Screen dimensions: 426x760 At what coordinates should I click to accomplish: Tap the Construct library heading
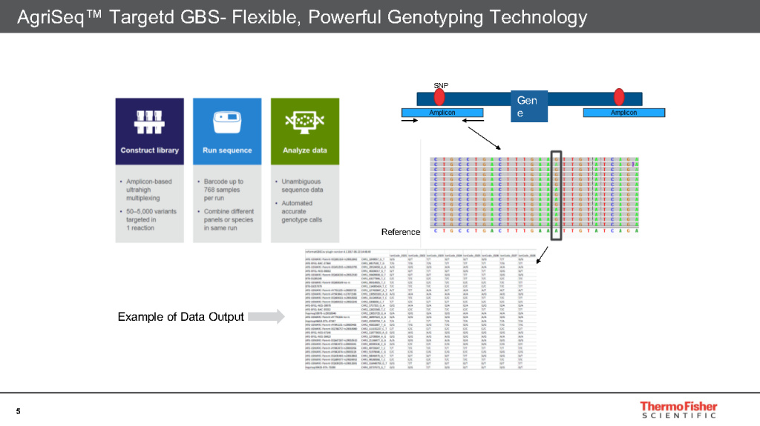149,150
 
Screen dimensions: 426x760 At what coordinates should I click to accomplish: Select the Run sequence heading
227,150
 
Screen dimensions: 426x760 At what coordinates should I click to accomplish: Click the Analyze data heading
305,150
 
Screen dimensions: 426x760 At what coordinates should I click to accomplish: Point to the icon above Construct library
149,119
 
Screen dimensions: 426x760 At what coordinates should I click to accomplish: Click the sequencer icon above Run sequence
227,119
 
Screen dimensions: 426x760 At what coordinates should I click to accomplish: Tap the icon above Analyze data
305,119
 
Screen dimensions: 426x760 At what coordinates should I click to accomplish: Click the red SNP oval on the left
439,97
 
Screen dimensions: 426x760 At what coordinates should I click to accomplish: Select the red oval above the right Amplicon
618,97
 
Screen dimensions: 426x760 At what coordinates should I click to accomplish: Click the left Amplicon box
442,113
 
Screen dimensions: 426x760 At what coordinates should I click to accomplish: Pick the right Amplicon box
623,113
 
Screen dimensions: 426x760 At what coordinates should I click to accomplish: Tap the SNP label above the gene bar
440,85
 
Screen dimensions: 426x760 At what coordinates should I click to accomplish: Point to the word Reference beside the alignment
401,232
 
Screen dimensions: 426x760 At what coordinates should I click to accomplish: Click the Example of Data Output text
180,317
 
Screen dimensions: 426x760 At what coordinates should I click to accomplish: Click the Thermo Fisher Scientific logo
678,410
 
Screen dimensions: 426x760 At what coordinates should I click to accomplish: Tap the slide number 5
18,411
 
